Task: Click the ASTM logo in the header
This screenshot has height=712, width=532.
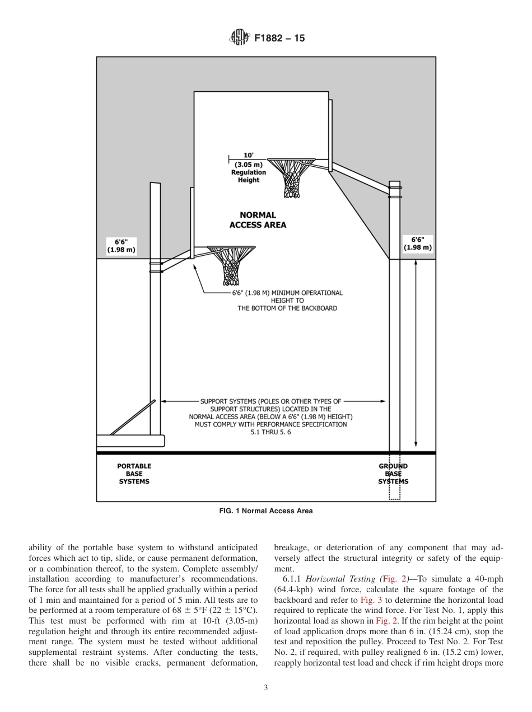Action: point(238,39)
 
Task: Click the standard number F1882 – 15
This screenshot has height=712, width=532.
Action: point(279,39)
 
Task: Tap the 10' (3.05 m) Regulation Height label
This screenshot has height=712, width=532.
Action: point(249,168)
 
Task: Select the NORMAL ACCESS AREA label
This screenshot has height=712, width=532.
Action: point(258,220)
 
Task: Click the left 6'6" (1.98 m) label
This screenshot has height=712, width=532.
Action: point(121,246)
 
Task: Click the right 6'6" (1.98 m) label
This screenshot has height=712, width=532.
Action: point(418,243)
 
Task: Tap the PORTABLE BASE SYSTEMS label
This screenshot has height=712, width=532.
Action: point(134,474)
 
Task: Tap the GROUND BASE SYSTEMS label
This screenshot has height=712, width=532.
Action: point(393,474)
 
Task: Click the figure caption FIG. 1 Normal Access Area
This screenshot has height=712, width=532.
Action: point(266,510)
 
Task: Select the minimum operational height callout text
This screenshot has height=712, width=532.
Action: point(287,301)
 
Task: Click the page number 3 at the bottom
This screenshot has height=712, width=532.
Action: point(265,688)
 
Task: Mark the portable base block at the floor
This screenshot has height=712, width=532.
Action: point(130,441)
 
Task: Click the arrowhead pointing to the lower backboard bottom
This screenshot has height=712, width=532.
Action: point(195,268)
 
